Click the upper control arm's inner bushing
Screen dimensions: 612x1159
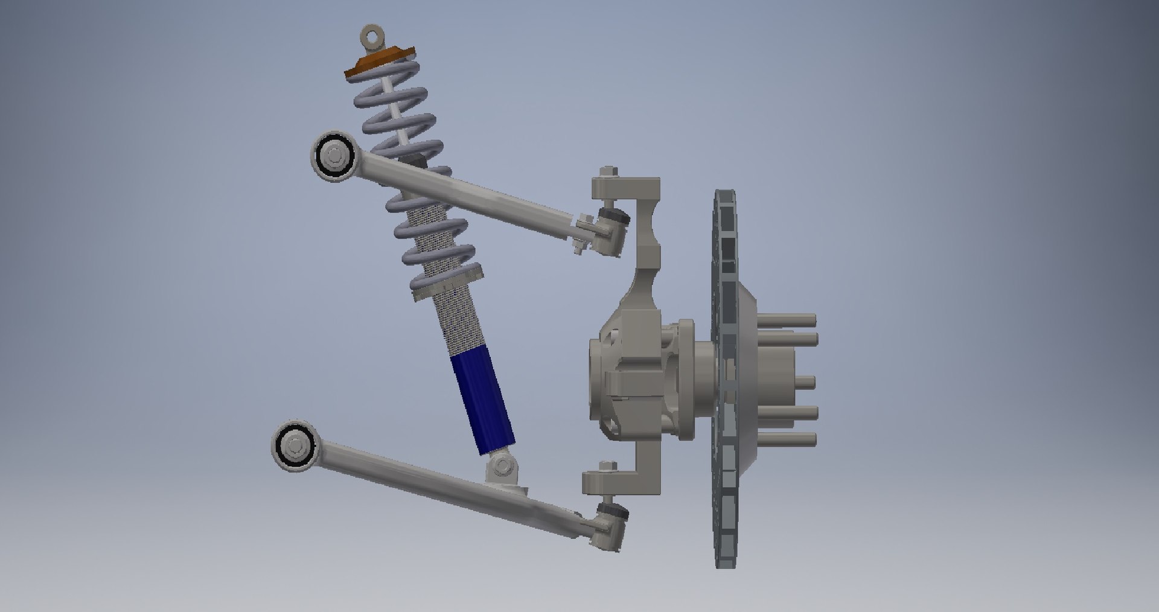tap(333, 156)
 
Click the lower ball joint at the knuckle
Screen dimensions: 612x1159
tap(611, 523)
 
